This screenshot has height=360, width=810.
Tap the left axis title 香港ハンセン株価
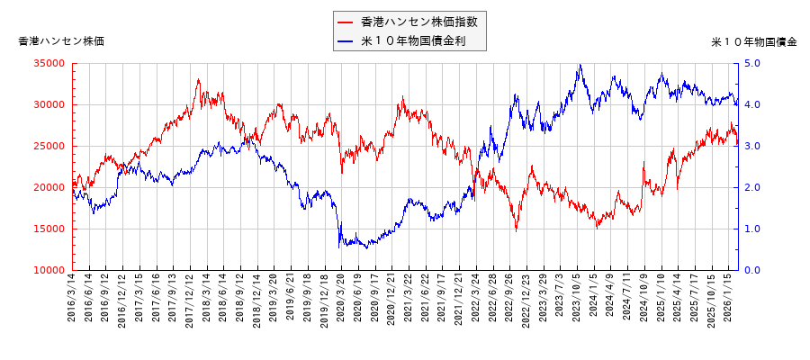click(x=61, y=41)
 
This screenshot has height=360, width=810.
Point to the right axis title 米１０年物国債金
click(x=753, y=41)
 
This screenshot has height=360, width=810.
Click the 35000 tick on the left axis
click(x=52, y=63)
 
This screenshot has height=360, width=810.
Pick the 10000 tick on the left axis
click(x=52, y=270)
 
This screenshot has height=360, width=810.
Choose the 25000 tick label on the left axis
click(x=52, y=146)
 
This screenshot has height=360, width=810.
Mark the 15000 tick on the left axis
click(x=52, y=229)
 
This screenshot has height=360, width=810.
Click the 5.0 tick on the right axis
click(x=752, y=63)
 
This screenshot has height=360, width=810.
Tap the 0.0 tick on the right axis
click(x=752, y=270)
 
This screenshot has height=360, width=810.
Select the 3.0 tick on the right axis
click(x=752, y=146)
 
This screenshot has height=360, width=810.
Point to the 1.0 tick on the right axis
click(x=752, y=229)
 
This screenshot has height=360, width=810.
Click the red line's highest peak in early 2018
click(x=198, y=79)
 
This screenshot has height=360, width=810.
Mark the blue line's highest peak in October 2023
click(x=580, y=64)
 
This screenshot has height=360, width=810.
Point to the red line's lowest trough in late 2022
click(x=517, y=230)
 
